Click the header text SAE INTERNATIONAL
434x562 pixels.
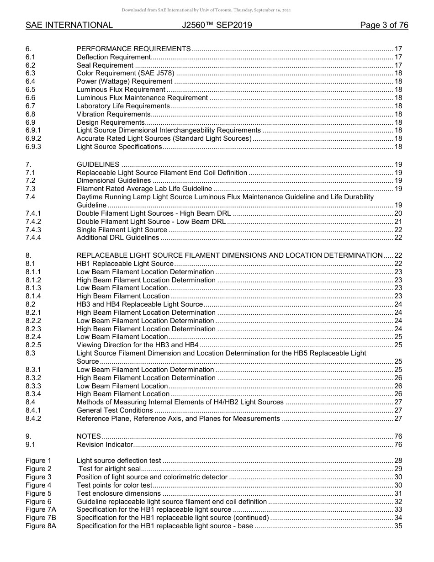point(69,25)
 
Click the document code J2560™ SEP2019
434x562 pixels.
point(217,25)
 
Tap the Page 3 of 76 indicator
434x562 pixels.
point(384,25)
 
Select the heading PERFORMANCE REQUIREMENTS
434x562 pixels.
point(133,49)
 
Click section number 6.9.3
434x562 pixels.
point(33,147)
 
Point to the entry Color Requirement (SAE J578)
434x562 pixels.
point(125,73)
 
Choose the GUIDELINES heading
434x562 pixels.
point(98,164)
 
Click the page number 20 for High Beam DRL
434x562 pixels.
point(398,213)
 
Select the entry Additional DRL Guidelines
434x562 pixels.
point(118,238)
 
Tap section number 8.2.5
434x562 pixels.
point(33,345)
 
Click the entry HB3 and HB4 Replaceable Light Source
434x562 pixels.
point(140,304)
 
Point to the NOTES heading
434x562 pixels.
point(89,436)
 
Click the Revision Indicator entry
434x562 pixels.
point(105,445)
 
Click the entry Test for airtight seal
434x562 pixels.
point(109,469)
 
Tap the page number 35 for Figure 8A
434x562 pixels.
point(398,526)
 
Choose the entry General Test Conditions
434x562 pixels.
point(115,410)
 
